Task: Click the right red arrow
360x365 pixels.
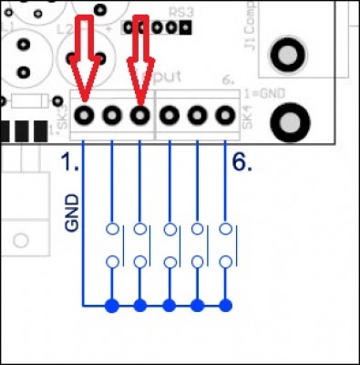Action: point(140,55)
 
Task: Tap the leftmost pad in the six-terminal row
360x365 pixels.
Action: point(85,116)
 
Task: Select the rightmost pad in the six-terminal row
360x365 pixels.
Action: point(225,116)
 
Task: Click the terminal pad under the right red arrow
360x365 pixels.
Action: point(139,116)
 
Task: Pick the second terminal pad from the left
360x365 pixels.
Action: point(112,116)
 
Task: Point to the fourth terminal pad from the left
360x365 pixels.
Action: point(170,116)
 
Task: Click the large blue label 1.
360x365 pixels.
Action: point(67,162)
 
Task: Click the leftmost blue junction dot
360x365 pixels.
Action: point(112,305)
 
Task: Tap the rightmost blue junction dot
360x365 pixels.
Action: point(225,305)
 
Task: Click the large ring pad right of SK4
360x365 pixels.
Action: point(291,120)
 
